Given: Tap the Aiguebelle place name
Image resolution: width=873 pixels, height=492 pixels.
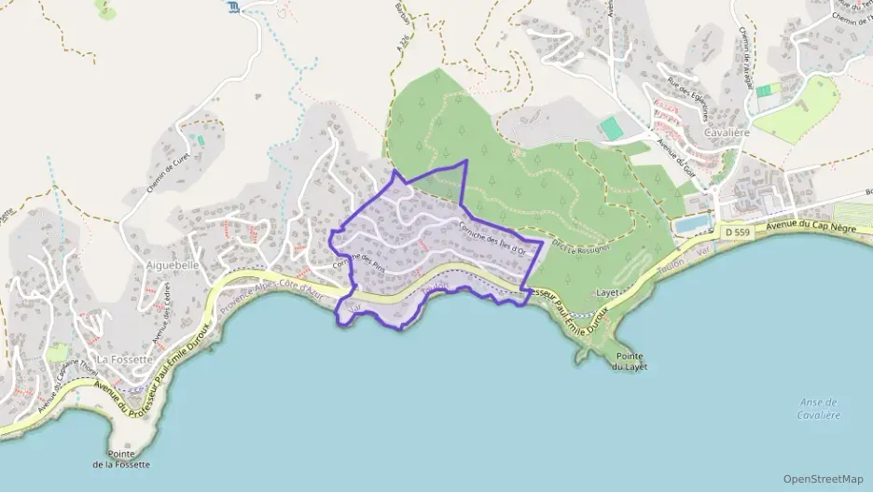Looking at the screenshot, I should point(173,265).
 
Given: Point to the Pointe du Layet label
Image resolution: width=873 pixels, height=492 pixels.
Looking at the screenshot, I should point(630,361).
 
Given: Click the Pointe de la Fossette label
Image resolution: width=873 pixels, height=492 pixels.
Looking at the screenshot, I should point(121,458).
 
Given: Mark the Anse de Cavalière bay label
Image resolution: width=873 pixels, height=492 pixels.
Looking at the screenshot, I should point(819,408).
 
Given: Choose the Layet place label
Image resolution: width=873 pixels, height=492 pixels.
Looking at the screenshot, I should point(608,292).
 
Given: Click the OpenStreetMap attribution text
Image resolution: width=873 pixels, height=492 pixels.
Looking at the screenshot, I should point(824,479).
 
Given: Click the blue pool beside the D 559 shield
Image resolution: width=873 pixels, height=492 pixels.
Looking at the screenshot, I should point(691,225).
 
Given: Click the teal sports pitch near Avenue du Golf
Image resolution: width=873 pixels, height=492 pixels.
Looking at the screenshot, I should point(611,128).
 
